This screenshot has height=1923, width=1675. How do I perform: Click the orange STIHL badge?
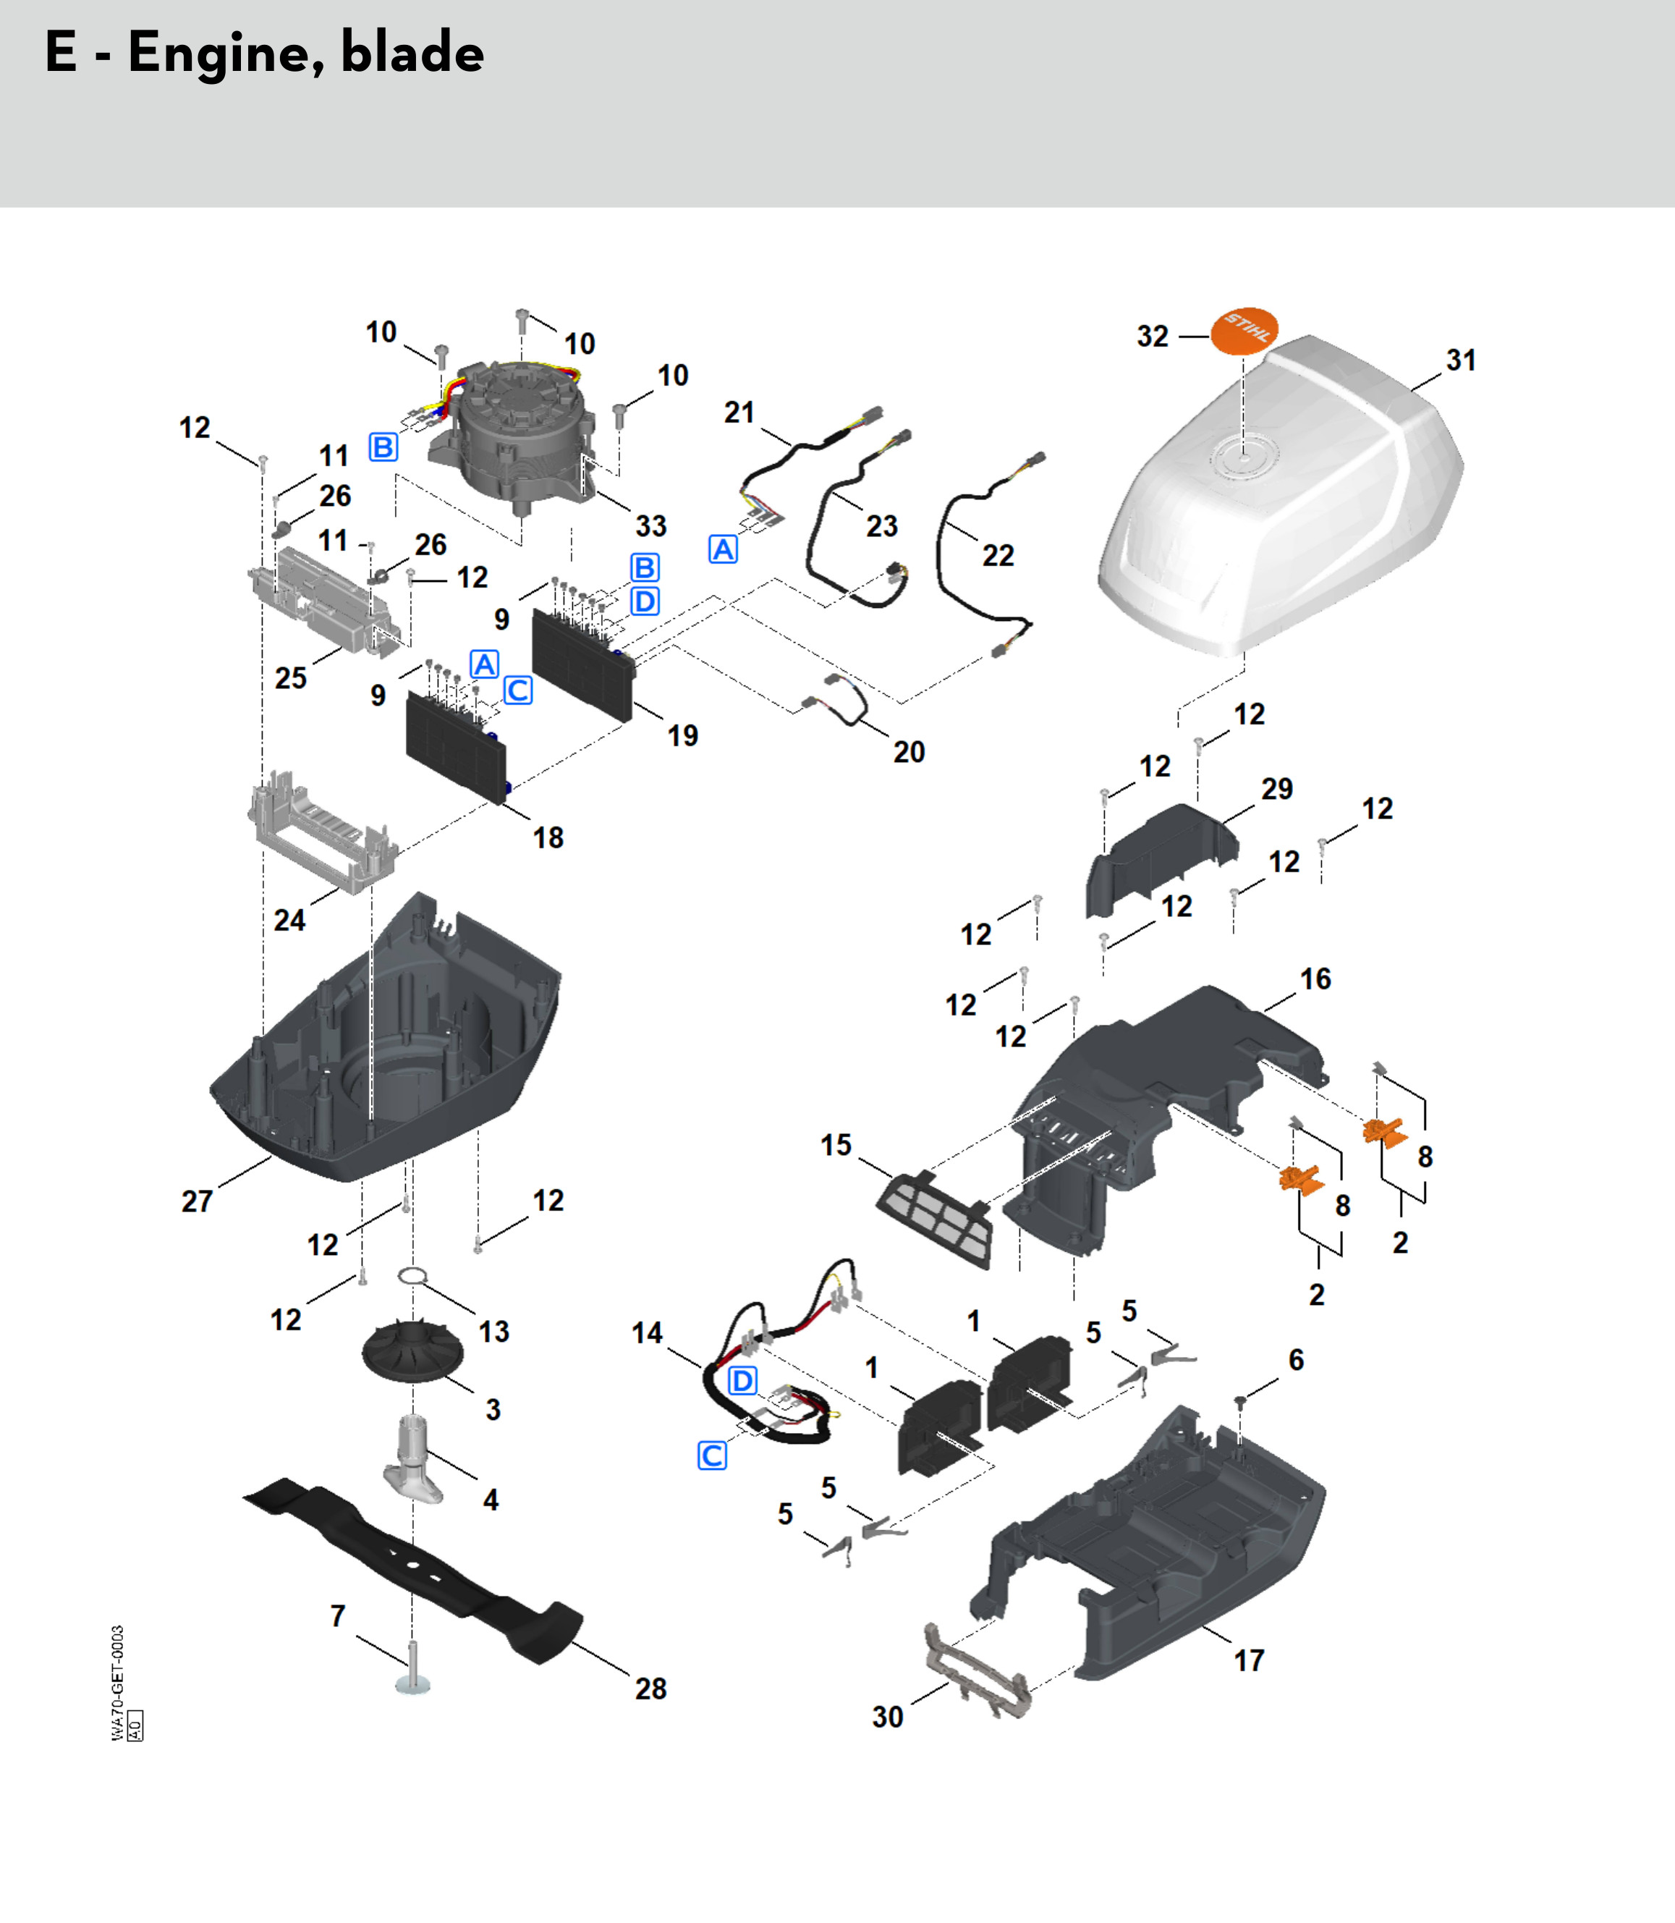[x=1243, y=330]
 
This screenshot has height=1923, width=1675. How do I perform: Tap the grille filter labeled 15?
[x=935, y=1218]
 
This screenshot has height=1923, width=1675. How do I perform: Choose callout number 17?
[x=1249, y=1660]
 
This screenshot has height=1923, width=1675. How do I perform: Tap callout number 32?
[x=1153, y=337]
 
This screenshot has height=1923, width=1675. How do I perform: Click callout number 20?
[x=909, y=752]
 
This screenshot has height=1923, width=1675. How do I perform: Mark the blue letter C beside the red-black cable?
[x=712, y=1455]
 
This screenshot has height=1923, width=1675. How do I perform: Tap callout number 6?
[x=1296, y=1360]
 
